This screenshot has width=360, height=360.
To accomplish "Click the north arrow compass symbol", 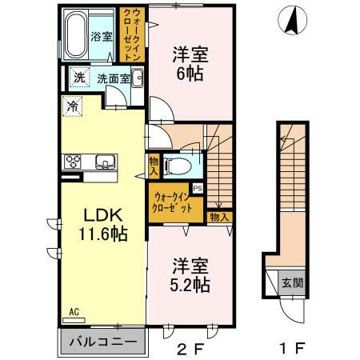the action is coord(293,20).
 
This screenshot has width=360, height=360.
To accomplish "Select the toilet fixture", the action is coord(178,166).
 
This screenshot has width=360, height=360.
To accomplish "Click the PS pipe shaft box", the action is coord(198,189).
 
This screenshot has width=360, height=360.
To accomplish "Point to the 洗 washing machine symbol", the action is coord(79,77).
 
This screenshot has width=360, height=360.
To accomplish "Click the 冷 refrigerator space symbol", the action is coord(72,106).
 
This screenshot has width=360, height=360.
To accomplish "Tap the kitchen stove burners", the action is coord(73,162).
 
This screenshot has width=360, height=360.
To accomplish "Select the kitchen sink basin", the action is coord(106,162).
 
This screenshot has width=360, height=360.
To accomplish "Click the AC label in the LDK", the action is coord(74,312).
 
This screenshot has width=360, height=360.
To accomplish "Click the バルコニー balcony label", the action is coord(103,342).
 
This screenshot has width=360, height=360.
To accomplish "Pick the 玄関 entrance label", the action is coord(292,282).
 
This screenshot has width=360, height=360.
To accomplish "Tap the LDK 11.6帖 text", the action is coord(103,225).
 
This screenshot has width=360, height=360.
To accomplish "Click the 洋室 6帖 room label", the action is coord(190,64).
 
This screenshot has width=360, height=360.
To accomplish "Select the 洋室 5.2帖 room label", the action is coord(190,275).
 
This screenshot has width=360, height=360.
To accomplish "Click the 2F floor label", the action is coord(190,348).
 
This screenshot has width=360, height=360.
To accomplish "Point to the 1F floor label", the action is coord(291,348).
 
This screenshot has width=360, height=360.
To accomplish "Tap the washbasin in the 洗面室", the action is coord(138,78).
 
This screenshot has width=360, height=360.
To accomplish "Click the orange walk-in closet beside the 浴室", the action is coord(132,34).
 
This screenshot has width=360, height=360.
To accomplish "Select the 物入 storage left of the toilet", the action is coord(154,166).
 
